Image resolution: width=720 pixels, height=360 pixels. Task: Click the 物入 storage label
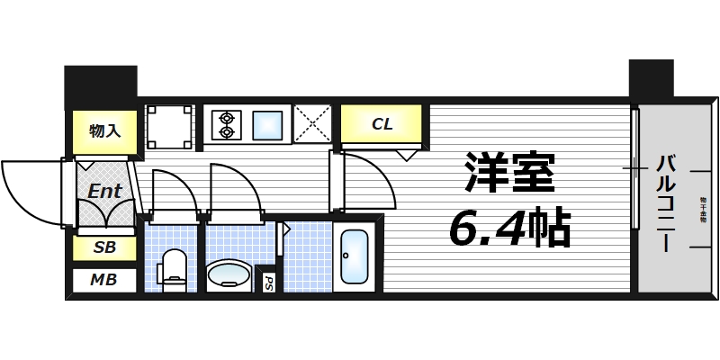(103, 130)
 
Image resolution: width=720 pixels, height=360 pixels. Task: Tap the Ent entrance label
(104, 191)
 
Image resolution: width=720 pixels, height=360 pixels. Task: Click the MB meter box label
(103, 280)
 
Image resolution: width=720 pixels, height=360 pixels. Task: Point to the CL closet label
(382, 124)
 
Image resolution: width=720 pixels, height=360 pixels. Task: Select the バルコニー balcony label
(666, 202)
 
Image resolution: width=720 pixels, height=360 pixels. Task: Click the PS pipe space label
(268, 283)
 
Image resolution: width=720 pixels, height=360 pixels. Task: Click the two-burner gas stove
(225, 124)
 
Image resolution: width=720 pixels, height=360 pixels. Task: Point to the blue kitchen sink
(268, 123)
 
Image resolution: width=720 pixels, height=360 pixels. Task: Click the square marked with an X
(312, 124)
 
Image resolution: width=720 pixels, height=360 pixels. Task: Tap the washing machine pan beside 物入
(169, 124)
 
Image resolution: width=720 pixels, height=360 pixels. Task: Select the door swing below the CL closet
(366, 180)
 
